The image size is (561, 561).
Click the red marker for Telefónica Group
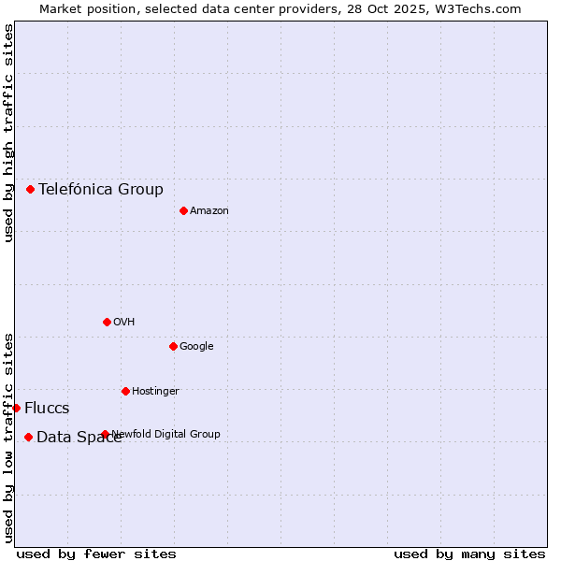(30, 189)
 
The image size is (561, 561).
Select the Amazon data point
(183, 210)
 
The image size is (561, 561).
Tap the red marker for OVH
(107, 322)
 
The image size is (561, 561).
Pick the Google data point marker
(173, 346)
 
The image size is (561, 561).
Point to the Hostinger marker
(125, 391)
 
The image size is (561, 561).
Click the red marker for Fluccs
(16, 408)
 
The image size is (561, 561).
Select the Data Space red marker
(28, 437)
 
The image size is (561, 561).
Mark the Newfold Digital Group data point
(105, 434)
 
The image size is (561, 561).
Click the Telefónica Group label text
(101, 189)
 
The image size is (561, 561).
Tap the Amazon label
(209, 210)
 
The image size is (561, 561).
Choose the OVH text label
(124, 322)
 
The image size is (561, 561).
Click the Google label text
(196, 346)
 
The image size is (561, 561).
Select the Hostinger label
(155, 391)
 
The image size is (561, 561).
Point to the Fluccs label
(47, 408)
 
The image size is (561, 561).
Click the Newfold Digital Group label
(166, 434)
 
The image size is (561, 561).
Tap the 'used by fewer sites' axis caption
(96, 554)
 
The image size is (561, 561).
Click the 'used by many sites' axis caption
(469, 554)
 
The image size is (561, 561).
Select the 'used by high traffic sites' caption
(8, 133)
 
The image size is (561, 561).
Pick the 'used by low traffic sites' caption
(8, 438)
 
